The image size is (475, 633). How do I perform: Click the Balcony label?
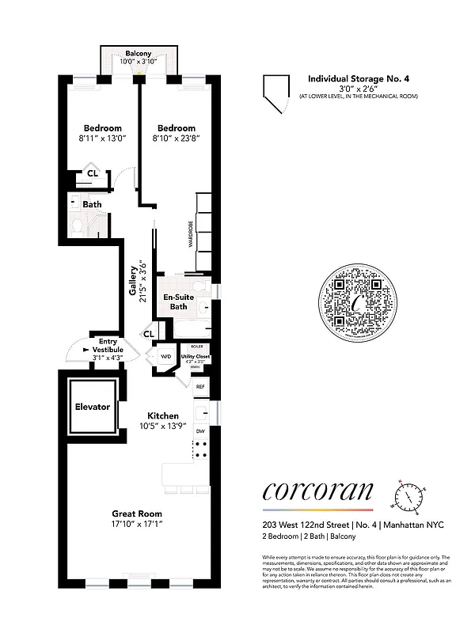click(138, 53)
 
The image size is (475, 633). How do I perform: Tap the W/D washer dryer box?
click(166, 357)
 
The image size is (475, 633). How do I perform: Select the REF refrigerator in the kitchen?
click(200, 386)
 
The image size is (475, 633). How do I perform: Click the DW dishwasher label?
click(200, 431)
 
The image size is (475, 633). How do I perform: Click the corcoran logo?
click(317, 491)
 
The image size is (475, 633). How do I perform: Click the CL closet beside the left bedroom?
click(93, 172)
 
